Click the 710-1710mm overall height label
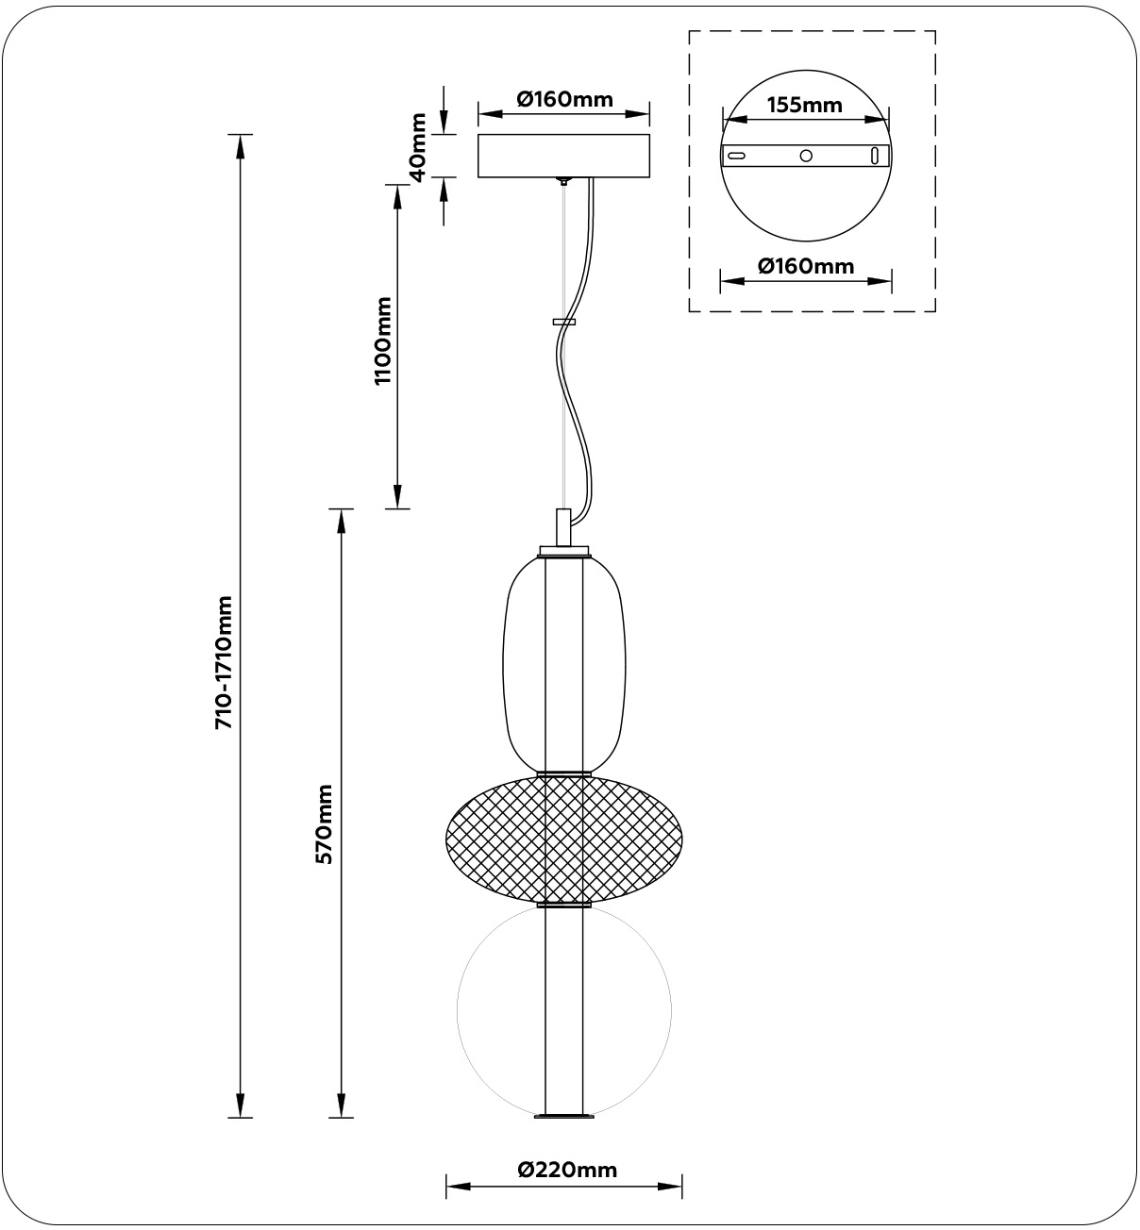225,662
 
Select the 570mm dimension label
325,823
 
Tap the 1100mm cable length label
382,341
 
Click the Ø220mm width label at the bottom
567,1171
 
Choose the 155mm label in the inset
804,105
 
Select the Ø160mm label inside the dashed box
806,266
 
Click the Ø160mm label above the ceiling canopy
564,99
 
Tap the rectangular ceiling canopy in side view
564,157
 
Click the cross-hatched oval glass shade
491,838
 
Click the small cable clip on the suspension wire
564,323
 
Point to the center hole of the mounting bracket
806,156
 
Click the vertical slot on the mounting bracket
875,156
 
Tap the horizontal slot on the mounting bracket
738,156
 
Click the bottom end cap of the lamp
564,1117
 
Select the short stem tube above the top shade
563,526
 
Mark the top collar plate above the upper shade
564,550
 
